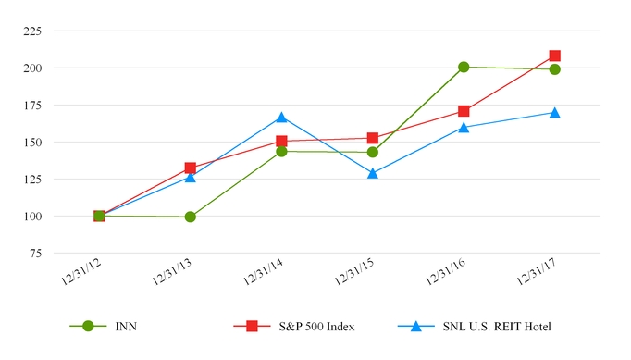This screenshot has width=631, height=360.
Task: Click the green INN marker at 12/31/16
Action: coord(464,67)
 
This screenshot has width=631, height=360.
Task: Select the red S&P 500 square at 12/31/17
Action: coord(554,56)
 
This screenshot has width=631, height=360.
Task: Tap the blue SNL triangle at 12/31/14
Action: coord(281,118)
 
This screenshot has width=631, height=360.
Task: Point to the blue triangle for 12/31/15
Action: coord(372,173)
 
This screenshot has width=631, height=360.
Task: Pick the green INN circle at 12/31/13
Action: coord(190,217)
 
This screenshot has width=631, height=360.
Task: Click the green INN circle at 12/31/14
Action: coord(281,151)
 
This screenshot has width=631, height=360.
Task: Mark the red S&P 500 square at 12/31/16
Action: coord(464,111)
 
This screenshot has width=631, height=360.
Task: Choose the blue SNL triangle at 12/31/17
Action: coord(554,113)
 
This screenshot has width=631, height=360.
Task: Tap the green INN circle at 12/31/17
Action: coord(554,69)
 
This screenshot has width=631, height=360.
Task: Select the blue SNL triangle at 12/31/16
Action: coord(464,128)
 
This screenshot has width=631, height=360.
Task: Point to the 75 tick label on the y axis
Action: coord(33,253)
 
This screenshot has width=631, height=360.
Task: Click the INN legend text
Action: coord(127,326)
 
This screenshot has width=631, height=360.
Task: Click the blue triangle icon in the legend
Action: coord(416,326)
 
